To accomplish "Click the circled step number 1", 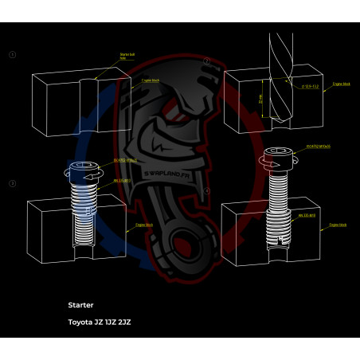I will pyautogui.click(x=12, y=55).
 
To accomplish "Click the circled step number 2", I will pyautogui.click(x=206, y=61).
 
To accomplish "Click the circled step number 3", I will pyautogui.click(x=12, y=184).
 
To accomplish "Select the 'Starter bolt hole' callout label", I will pyautogui.click(x=117, y=57).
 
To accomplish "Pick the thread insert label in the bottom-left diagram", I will pyautogui.click(x=120, y=180).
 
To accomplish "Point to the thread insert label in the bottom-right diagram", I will pyautogui.click(x=307, y=215).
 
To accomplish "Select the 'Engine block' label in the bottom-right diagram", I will pyautogui.click(x=339, y=225).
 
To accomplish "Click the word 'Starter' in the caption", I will pyautogui.click(x=81, y=304).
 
